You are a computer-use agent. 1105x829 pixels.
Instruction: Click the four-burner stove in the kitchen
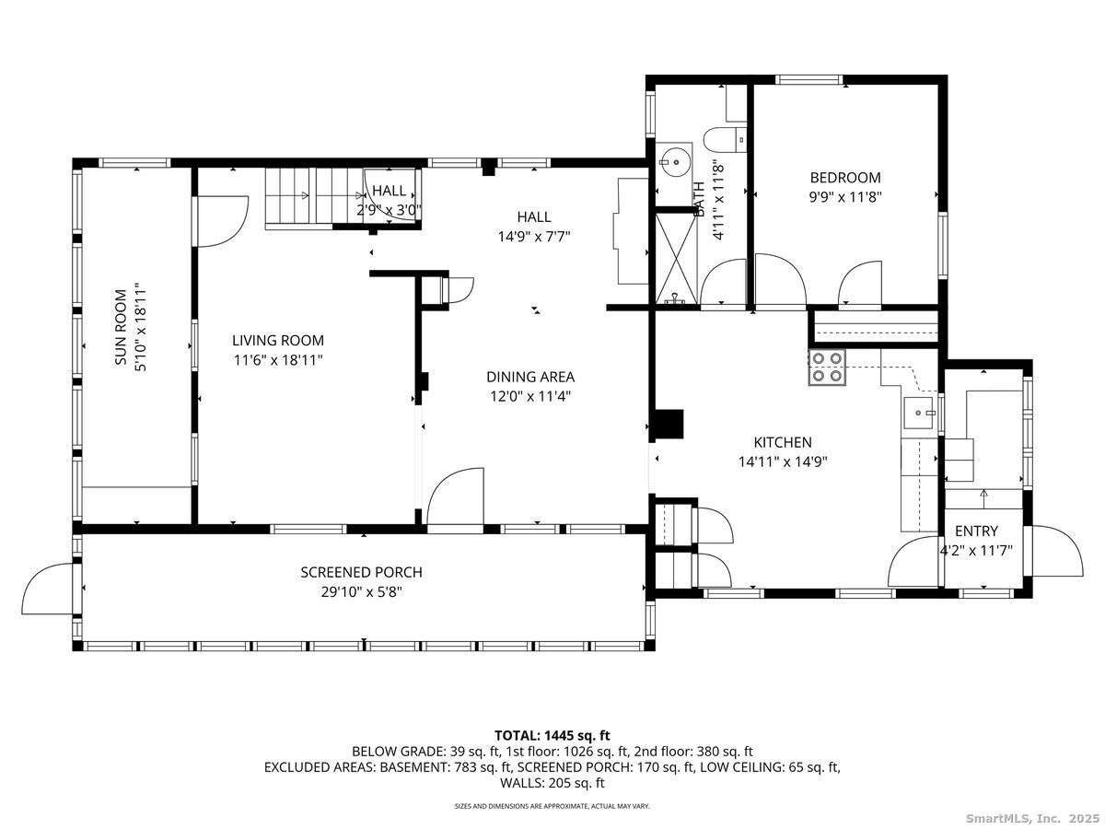[827, 367]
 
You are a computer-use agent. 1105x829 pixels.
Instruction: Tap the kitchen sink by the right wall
[918, 413]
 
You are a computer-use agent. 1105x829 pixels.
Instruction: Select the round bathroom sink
[673, 162]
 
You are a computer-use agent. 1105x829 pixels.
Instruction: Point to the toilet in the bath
[725, 139]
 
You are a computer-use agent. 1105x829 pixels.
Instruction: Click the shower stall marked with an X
[676, 259]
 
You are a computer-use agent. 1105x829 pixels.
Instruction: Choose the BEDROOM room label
[845, 177]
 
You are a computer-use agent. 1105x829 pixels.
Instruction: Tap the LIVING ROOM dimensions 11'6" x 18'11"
[278, 360]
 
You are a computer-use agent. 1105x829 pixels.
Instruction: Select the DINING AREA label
[530, 377]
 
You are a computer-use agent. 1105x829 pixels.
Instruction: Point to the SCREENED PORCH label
[361, 572]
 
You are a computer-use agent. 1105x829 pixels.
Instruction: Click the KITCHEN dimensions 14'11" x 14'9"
[783, 461]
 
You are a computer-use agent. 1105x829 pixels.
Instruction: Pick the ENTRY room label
[976, 531]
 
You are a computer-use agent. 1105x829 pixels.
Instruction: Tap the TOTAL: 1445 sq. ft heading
[552, 735]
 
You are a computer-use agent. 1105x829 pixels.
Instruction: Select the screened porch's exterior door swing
[48, 589]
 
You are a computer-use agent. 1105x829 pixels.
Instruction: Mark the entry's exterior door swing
[1056, 551]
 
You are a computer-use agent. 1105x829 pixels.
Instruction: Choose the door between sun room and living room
[222, 221]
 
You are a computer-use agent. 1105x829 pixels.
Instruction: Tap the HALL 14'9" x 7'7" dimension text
[533, 236]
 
